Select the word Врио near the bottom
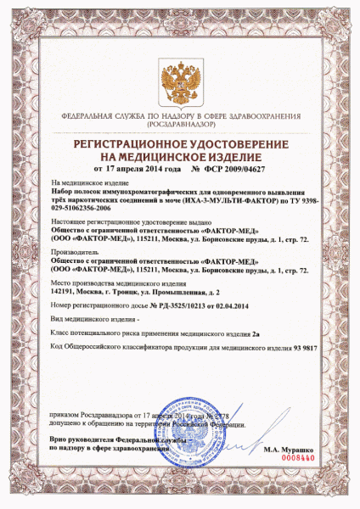(59, 442)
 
